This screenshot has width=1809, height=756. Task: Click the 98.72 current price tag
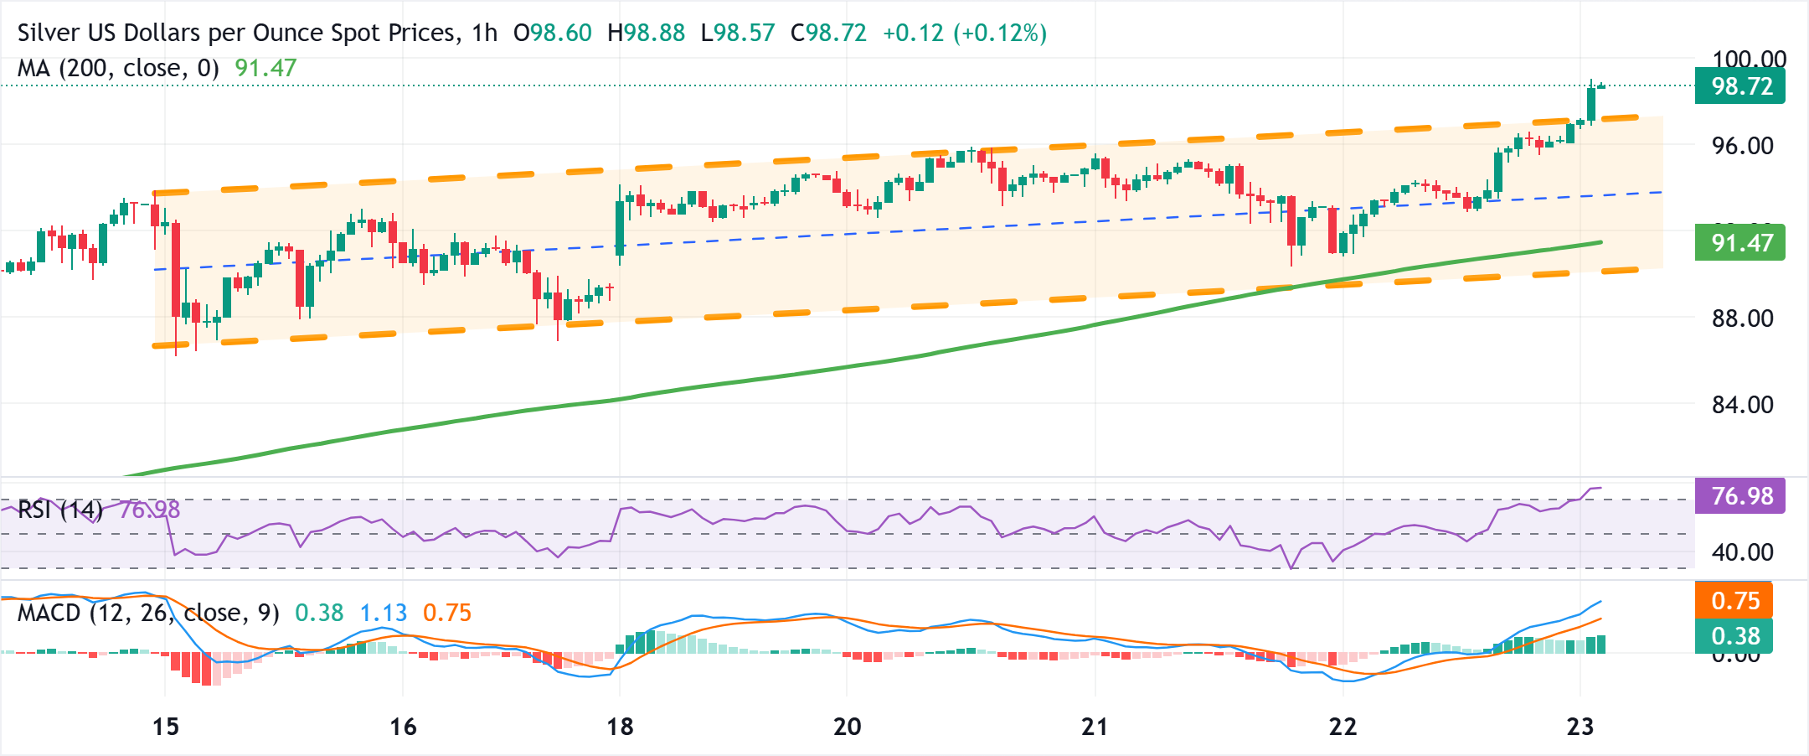click(x=1740, y=86)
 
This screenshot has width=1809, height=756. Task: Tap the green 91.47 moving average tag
click(x=1740, y=243)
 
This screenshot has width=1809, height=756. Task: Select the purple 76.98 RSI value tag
click(x=1740, y=496)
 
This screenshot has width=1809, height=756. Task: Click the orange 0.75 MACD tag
click(x=1735, y=601)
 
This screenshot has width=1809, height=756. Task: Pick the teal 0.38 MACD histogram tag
click(x=1735, y=636)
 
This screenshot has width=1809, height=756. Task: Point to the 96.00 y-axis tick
click(x=1742, y=146)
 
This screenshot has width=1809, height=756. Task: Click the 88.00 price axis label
click(x=1742, y=318)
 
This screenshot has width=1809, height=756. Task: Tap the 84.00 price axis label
click(x=1742, y=405)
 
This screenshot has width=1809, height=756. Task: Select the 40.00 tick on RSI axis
click(x=1742, y=552)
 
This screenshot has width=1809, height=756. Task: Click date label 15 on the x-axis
click(x=166, y=727)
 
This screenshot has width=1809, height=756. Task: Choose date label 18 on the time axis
click(x=620, y=727)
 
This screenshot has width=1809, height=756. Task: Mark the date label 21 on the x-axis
click(x=1095, y=727)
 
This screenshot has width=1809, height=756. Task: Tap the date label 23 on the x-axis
click(x=1580, y=727)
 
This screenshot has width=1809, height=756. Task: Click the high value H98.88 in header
click(x=646, y=34)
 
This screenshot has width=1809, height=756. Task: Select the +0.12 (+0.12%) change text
click(x=965, y=34)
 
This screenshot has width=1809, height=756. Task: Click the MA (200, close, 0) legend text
click(x=118, y=68)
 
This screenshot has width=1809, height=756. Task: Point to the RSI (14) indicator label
click(x=59, y=510)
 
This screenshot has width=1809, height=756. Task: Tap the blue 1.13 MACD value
click(x=384, y=613)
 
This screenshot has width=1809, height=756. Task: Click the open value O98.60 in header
click(x=552, y=34)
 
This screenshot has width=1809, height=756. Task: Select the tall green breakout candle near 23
click(x=1590, y=105)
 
